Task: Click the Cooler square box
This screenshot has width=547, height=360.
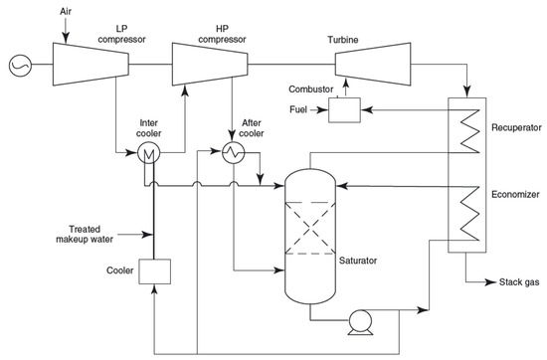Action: click(x=153, y=270)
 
